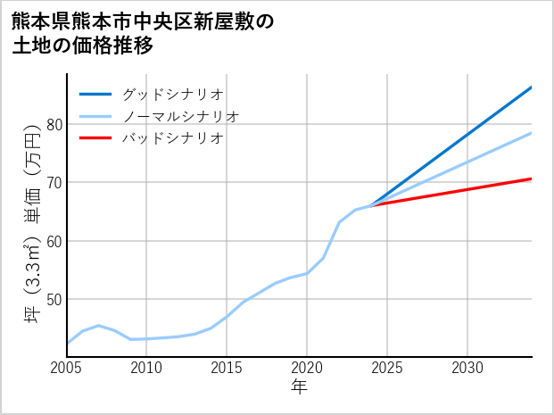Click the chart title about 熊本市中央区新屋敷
(x=143, y=33)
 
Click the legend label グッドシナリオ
(x=172, y=94)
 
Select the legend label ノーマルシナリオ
(x=180, y=116)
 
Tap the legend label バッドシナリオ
(x=172, y=138)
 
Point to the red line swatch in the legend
(x=95, y=138)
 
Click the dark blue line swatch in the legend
(x=95, y=94)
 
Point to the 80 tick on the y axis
(x=54, y=124)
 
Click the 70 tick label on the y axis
(x=54, y=183)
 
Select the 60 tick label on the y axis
(x=54, y=241)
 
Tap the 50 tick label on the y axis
(x=54, y=299)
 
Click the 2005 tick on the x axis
(x=67, y=368)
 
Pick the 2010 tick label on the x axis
(x=146, y=368)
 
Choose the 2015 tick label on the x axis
(x=227, y=368)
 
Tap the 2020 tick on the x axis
(x=307, y=368)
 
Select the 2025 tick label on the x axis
(x=387, y=368)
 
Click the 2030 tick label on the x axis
(x=467, y=368)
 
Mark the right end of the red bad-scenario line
(x=531, y=179)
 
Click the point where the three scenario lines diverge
(x=371, y=205)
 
